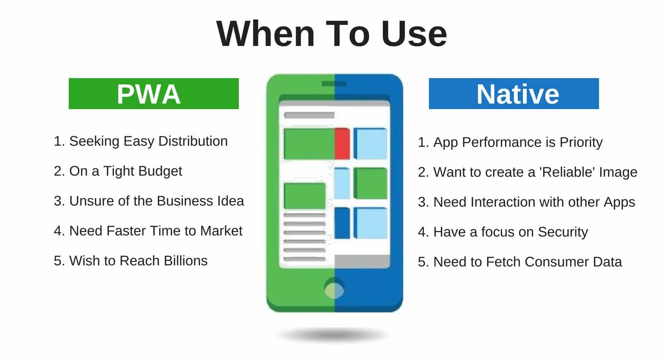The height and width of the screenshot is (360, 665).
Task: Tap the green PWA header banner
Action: [154, 94]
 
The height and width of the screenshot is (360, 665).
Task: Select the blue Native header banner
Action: [514, 94]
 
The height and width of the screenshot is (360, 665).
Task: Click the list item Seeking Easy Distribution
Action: [141, 141]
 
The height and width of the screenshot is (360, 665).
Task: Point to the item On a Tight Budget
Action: [118, 171]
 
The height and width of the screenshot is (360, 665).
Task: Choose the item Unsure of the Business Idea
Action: [149, 200]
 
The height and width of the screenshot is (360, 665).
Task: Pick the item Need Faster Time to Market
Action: [149, 230]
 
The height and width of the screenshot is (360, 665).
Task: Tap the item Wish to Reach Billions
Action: [131, 260]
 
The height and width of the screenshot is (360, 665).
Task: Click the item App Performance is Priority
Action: [510, 142]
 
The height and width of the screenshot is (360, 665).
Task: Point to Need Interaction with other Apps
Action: [526, 202]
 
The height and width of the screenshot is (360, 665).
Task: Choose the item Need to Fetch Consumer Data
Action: [520, 261]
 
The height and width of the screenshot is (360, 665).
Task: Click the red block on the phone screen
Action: [342, 143]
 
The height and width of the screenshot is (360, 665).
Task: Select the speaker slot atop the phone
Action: [334, 84]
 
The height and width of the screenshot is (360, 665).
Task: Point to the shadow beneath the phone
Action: [332, 335]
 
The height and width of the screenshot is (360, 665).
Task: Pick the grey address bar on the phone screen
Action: [309, 115]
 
